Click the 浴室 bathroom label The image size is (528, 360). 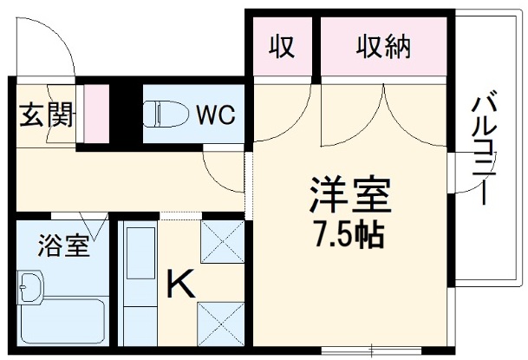tap(62, 246)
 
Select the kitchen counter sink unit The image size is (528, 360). tap(137, 286)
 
